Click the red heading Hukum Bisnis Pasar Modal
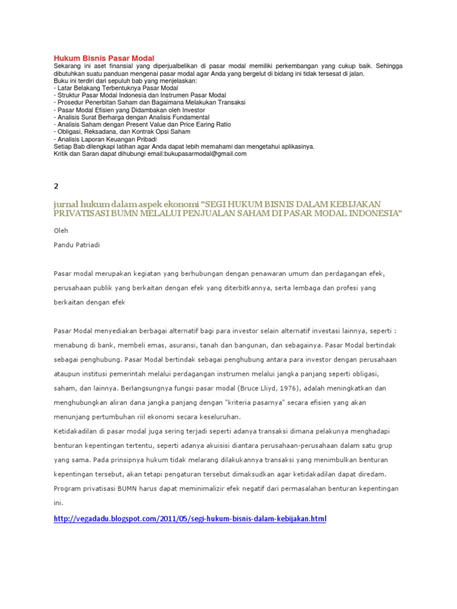pos(104,58)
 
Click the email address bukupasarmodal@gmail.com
pos(197,153)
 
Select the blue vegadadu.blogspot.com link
pos(190,519)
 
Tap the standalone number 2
pos(56,186)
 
